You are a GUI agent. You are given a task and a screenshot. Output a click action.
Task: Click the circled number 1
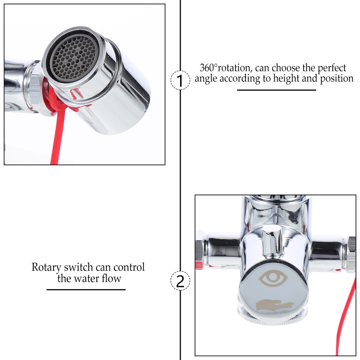tap(180, 80)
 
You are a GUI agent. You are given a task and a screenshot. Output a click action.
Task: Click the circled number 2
tap(180, 281)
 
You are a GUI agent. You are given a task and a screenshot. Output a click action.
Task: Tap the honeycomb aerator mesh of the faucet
tap(73, 57)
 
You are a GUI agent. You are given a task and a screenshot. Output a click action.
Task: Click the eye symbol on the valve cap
tap(273, 278)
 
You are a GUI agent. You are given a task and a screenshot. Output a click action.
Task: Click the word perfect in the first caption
tap(332, 68)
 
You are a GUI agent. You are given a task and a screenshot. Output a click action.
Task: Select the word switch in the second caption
tap(78, 267)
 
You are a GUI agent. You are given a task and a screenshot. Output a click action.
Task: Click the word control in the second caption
tap(129, 267)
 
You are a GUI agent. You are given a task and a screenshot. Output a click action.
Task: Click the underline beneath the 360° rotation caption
tap(276, 90)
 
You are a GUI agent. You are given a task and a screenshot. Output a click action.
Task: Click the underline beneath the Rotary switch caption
tap(86, 290)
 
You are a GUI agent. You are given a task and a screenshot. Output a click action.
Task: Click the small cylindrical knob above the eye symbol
tap(272, 241)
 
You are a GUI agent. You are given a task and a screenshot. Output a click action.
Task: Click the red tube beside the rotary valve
tap(345, 319)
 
